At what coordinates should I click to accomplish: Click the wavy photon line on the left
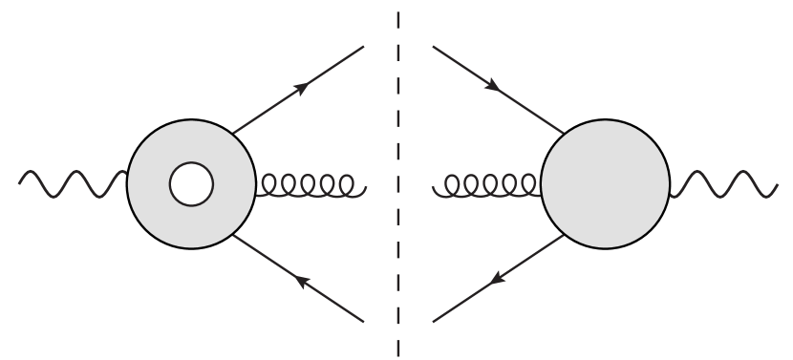coord(72,182)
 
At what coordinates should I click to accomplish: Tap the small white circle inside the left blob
coord(191,184)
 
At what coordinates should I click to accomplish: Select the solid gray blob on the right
coord(606,184)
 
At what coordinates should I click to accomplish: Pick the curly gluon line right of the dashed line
coord(487,184)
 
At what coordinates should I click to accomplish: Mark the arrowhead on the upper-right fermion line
coord(493,86)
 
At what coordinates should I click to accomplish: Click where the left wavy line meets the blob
coord(127,177)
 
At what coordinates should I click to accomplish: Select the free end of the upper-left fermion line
coord(364,46)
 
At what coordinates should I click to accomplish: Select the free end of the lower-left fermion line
coord(364,322)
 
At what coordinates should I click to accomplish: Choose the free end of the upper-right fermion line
coord(433,46)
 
